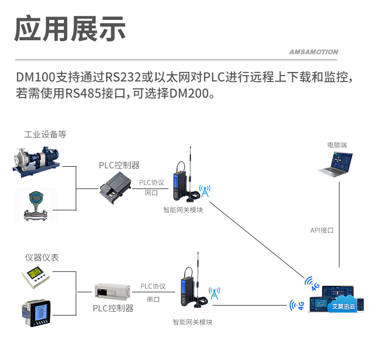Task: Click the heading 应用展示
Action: click(x=70, y=29)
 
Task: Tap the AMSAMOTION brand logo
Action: click(x=313, y=52)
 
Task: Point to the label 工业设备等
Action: click(x=45, y=135)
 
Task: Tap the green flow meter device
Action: click(x=36, y=205)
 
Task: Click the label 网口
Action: click(x=151, y=193)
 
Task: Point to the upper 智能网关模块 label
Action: click(x=183, y=209)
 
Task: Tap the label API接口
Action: click(x=322, y=230)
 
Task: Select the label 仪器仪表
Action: click(x=42, y=258)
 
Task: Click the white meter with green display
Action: click(x=36, y=277)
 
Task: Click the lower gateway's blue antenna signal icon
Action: click(x=214, y=293)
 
